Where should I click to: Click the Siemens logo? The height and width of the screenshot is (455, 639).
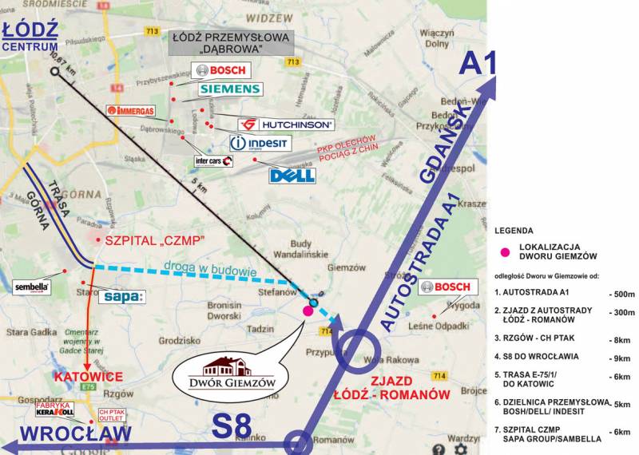pyautogui.click(x=229, y=89)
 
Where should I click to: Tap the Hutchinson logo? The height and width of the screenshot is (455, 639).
pyautogui.click(x=286, y=125)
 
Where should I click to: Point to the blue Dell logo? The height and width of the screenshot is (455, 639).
pyautogui.click(x=292, y=175)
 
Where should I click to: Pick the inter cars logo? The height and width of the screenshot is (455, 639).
pyautogui.click(x=213, y=161)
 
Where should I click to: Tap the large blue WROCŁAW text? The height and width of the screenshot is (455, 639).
pyautogui.click(x=65, y=433)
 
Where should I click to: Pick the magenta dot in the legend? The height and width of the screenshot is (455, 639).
pyautogui.click(x=504, y=253)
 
